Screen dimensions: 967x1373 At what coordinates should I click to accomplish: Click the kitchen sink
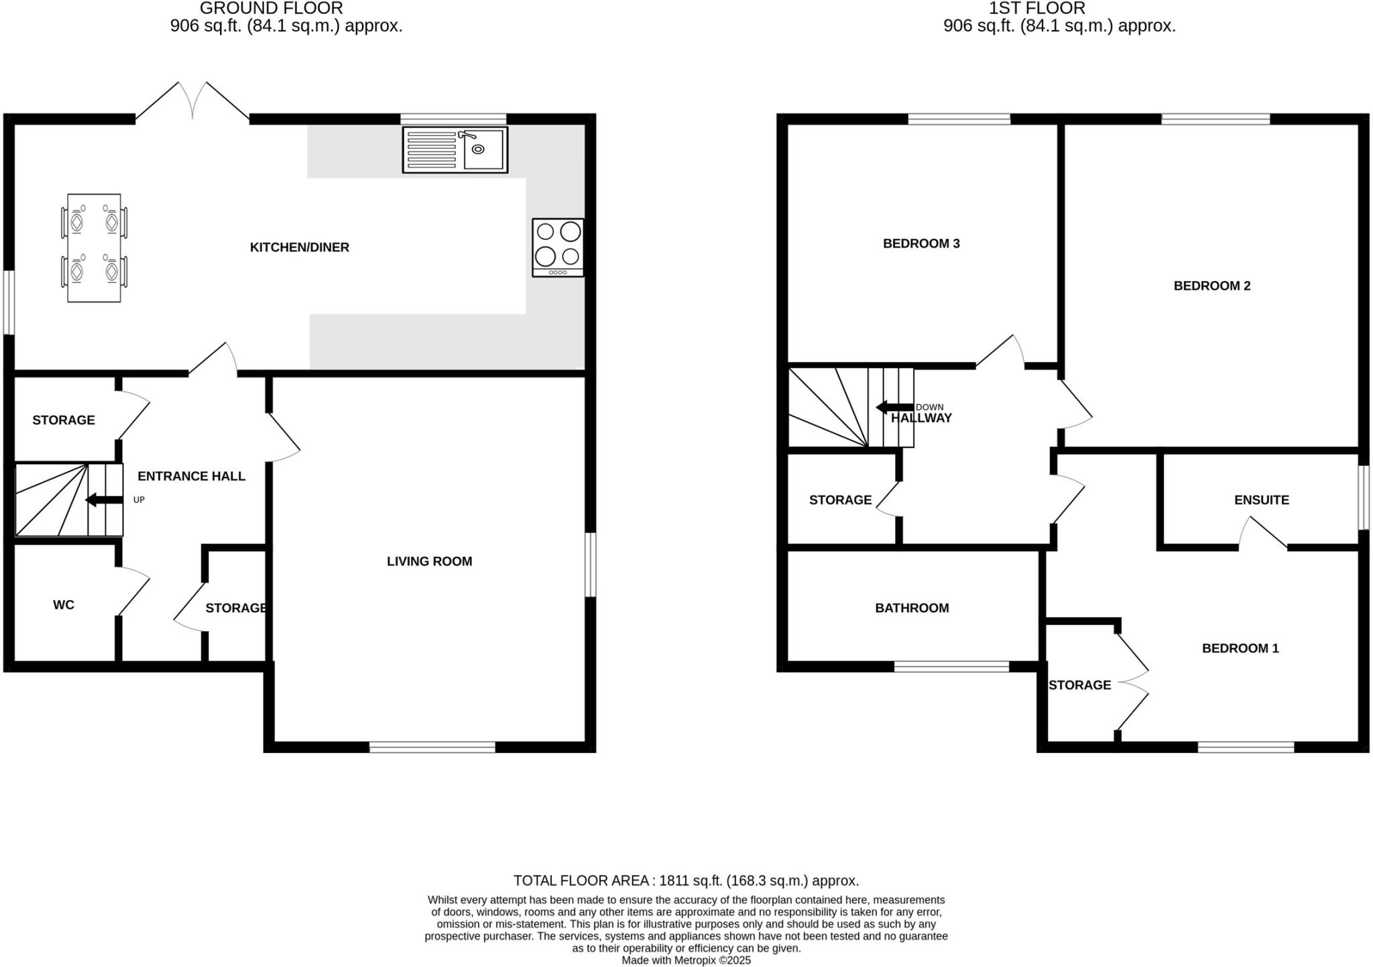[455, 150]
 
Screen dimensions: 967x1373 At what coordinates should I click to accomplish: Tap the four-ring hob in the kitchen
[558, 247]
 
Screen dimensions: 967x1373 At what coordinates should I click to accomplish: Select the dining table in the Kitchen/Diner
[94, 247]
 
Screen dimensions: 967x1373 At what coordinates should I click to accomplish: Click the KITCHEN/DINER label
[300, 247]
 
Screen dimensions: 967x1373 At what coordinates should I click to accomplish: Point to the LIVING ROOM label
[429, 561]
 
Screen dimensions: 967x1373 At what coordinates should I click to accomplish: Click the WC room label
[64, 605]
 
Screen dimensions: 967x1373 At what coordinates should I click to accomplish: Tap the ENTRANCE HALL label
[192, 476]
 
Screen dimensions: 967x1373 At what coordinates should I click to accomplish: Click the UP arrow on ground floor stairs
[104, 500]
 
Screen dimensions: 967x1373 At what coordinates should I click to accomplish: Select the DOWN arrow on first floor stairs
[894, 407]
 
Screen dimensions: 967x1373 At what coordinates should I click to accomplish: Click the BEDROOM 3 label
[921, 243]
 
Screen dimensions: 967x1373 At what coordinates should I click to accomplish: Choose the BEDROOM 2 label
[1212, 286]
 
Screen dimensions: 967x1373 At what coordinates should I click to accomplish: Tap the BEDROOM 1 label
[1240, 648]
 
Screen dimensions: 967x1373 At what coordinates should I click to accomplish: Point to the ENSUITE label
[1262, 500]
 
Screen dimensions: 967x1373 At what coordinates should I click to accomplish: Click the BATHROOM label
[912, 608]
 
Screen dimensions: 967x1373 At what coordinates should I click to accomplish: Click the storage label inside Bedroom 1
[1079, 685]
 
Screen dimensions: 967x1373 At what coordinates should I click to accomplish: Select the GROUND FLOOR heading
[272, 9]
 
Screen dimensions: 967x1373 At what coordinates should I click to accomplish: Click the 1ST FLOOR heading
[1036, 9]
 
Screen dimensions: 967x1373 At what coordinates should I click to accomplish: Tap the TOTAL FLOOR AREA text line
[686, 880]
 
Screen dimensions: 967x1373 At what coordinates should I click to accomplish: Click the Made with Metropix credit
[686, 960]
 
